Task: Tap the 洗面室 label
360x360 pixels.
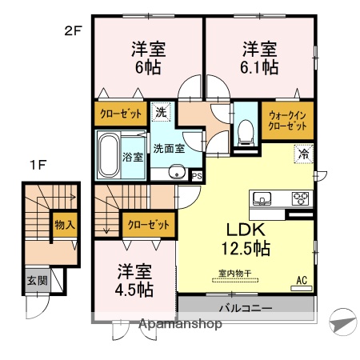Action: pos(170,148)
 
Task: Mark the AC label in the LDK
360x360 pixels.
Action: pos(302,280)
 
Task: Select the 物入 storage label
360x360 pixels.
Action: pos(64,225)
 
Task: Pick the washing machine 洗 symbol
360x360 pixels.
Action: pos(161,113)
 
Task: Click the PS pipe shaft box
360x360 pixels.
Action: pos(196,176)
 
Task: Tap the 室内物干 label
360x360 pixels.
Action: pos(235,273)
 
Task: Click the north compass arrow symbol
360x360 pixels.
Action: pos(342,322)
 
